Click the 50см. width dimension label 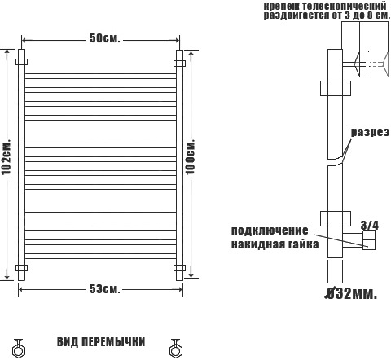point(104,38)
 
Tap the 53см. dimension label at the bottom point(104,289)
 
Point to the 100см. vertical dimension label point(191,157)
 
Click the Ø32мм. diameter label point(351,293)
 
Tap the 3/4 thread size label point(369,225)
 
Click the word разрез point(370,132)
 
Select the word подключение point(270,230)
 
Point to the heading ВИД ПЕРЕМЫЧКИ point(101,342)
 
